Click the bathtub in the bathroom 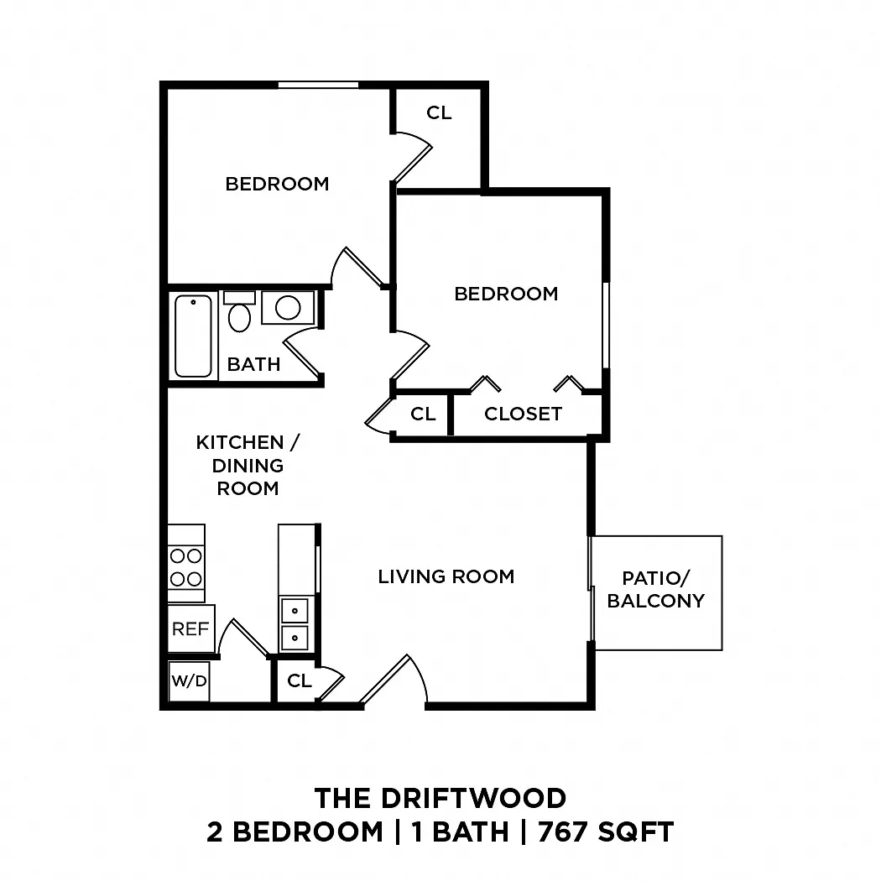(x=193, y=336)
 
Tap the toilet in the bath (x=239, y=312)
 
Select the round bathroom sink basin (x=288, y=307)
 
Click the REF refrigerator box (x=191, y=628)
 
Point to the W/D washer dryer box (x=190, y=681)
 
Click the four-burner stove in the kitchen (x=186, y=564)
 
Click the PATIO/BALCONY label (x=655, y=589)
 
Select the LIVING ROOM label (x=446, y=576)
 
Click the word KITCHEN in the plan (x=240, y=443)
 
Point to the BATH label (x=253, y=364)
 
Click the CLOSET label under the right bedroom (x=523, y=414)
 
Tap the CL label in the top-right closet (x=439, y=113)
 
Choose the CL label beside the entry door (x=299, y=681)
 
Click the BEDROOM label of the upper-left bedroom (x=277, y=184)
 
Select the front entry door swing (x=394, y=679)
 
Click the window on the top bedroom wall (x=319, y=85)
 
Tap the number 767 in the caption (x=564, y=832)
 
